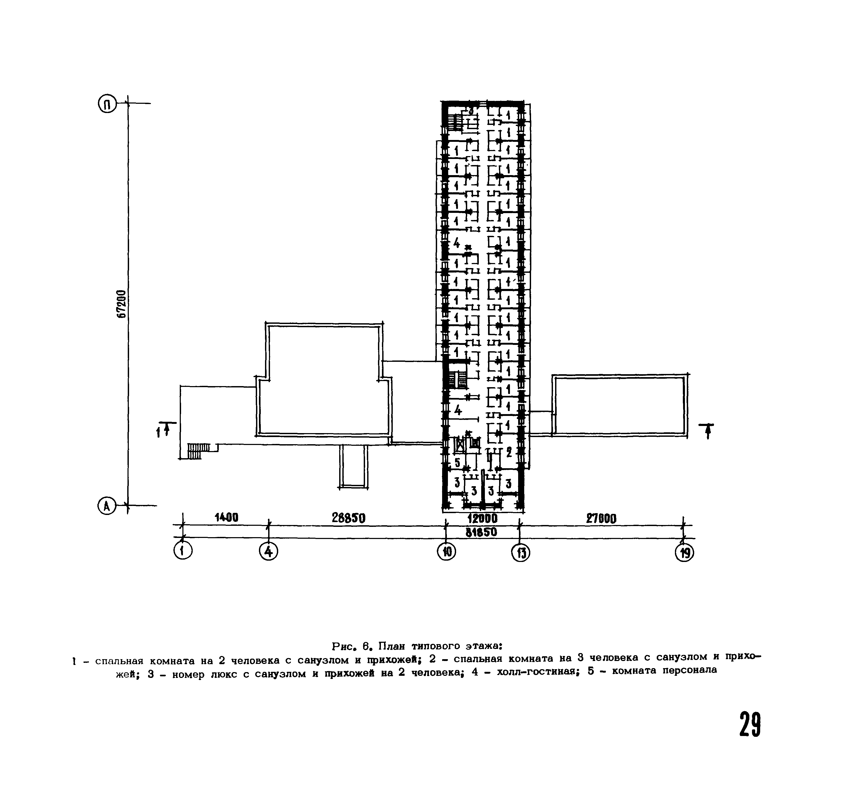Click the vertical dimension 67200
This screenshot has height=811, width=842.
coord(122,304)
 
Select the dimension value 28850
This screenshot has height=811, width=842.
coord(348,519)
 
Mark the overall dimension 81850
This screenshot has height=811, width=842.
coord(481,532)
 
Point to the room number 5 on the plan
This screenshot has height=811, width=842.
coord(457,462)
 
